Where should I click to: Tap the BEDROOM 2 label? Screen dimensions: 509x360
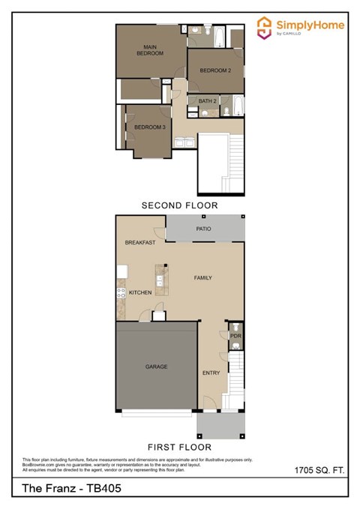coord(214,70)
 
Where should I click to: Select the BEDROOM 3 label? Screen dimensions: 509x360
coord(149,127)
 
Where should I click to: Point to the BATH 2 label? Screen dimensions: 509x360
coord(208,100)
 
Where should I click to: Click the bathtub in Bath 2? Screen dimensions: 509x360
coord(237,106)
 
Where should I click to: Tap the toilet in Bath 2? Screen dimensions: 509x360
coord(226,112)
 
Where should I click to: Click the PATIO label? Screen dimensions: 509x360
coord(204,229)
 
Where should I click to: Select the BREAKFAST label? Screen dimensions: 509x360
coord(140,243)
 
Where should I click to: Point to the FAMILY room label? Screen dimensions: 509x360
coord(203,277)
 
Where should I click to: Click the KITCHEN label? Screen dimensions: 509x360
coord(140,292)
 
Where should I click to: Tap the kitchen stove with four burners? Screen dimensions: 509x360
coord(120,292)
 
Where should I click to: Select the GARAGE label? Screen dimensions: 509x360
coord(156,367)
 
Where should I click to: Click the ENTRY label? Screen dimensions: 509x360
coord(211,373)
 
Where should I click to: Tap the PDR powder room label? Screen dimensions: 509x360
coord(234,337)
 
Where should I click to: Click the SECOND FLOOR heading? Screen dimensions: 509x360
coord(180,205)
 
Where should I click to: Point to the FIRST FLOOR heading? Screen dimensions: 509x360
coord(180,444)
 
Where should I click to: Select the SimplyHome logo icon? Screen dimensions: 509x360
coord(264,28)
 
